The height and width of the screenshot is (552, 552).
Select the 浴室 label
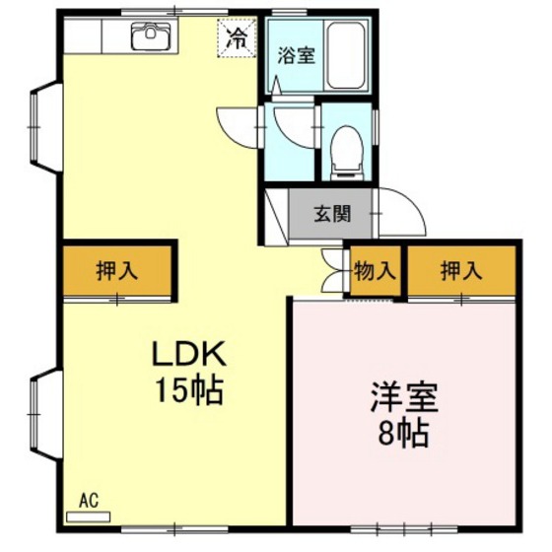coord(296,55)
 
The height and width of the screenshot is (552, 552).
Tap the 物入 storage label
coord(376,270)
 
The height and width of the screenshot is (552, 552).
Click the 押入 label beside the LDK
coord(116,270)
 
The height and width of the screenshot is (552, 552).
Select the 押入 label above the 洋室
coord(460,270)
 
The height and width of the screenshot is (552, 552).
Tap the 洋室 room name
coord(404,399)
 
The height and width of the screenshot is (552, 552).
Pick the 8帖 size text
coord(404,434)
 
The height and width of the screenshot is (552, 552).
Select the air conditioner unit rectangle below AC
coord(88,514)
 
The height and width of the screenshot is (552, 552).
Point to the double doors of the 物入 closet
coord(333,270)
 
